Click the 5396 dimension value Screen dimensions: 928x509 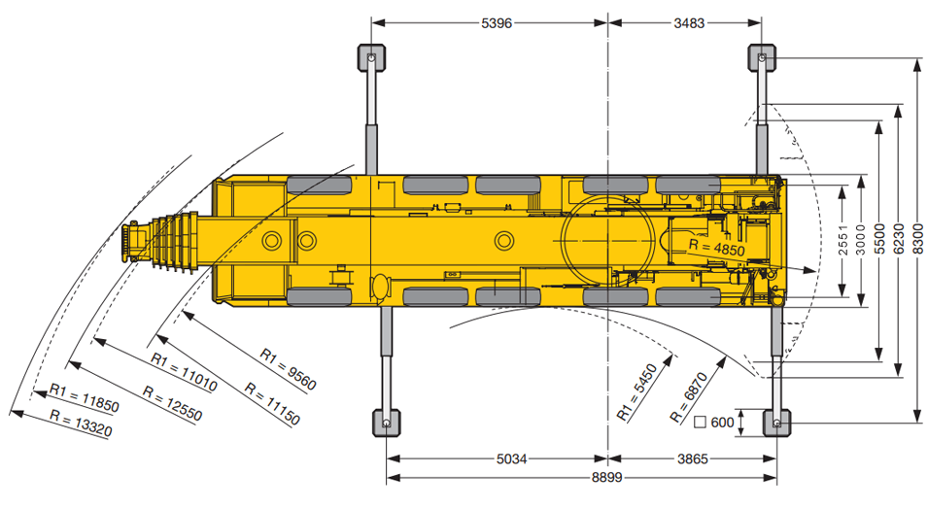(x=497, y=23)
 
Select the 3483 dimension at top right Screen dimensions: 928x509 (x=690, y=23)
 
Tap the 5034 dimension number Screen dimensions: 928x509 (x=511, y=458)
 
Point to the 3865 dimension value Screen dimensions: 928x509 (x=693, y=458)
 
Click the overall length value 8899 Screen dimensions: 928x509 (x=607, y=478)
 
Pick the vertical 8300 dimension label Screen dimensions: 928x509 (x=918, y=239)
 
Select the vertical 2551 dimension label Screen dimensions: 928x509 (x=844, y=239)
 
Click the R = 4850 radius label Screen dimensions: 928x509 (x=717, y=248)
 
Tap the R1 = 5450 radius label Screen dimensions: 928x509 (x=637, y=392)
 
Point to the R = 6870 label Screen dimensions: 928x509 (x=688, y=397)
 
